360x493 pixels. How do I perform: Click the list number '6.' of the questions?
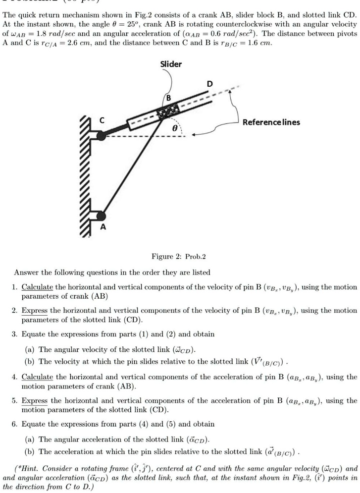pyautogui.click(x=15, y=424)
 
